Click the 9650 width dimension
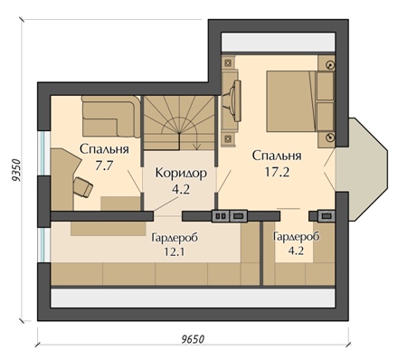click(x=193, y=339)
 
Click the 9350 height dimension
click(x=15, y=170)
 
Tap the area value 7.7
click(x=104, y=166)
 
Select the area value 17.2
click(x=277, y=172)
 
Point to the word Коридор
click(x=181, y=173)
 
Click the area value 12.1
click(x=175, y=251)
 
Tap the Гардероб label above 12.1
click(x=175, y=238)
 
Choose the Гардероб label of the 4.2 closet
click(x=296, y=237)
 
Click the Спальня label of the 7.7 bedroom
click(x=104, y=149)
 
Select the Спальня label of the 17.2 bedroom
click(x=277, y=156)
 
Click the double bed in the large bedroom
click(x=300, y=101)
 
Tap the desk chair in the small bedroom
click(x=83, y=187)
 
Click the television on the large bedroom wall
click(x=236, y=101)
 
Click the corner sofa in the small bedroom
click(x=111, y=117)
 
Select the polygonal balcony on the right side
click(x=361, y=169)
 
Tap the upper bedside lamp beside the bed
click(x=331, y=64)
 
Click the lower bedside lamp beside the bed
click(x=331, y=137)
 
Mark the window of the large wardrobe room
click(x=44, y=245)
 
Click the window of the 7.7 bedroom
click(x=44, y=153)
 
